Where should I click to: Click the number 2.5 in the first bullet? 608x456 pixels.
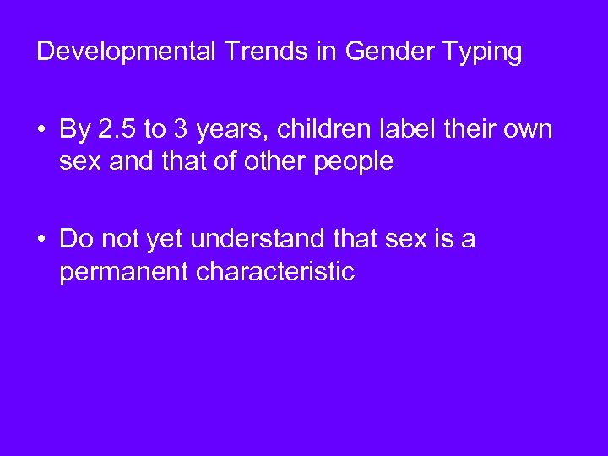pos(116,130)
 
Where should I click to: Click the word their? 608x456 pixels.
pos(464,130)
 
